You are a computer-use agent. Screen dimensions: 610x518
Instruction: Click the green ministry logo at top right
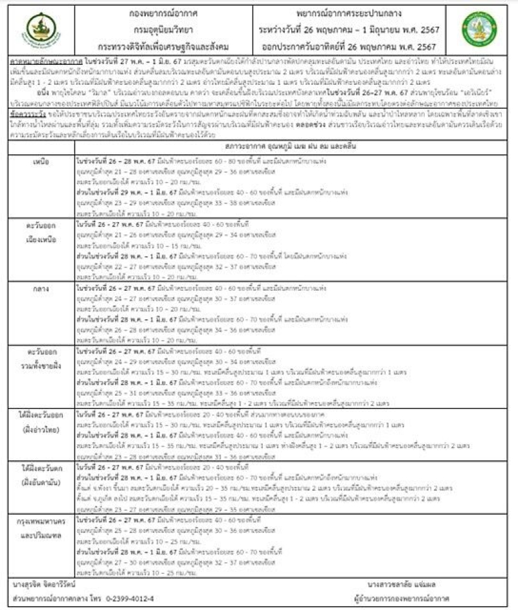(479, 29)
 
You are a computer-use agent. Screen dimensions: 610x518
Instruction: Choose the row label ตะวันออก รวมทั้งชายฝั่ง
(40, 355)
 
